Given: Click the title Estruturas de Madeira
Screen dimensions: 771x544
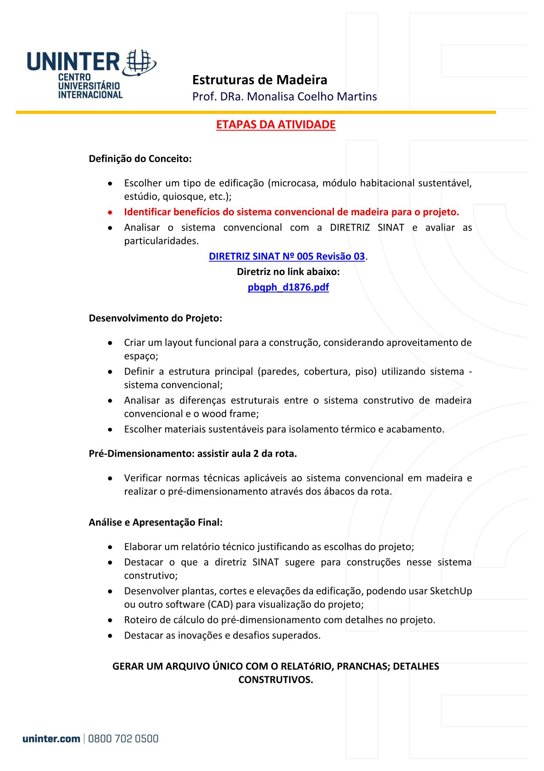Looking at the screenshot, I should coord(259,80).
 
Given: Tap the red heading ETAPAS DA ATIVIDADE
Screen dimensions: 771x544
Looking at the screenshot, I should coord(275,124).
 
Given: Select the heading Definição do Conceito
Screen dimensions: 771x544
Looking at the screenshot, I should coord(140,159).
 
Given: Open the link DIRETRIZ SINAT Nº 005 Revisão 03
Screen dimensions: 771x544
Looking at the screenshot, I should coord(286,256).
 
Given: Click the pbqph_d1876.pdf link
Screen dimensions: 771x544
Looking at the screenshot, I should coord(288,287).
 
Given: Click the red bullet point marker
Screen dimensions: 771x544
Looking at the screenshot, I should coord(110,212).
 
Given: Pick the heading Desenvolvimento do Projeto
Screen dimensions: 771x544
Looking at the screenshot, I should coord(155,318).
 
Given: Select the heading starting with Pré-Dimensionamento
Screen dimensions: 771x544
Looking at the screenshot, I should coord(193,453).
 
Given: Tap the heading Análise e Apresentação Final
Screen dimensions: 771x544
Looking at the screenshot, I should coord(156,522).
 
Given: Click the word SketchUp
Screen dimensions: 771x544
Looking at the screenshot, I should coord(451,591).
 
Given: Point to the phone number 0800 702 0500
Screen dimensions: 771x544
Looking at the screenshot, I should coord(123,739).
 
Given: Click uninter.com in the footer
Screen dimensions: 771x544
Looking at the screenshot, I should coord(51,739).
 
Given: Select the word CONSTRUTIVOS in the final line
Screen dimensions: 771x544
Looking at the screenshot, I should coord(275,679).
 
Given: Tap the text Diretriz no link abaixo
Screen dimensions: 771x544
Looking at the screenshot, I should coord(288,272).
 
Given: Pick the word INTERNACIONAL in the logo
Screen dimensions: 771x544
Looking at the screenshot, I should coord(90,95).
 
